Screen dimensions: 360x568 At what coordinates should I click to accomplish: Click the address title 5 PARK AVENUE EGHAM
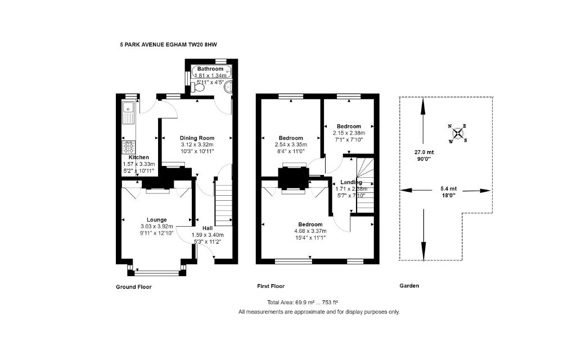(x=168, y=44)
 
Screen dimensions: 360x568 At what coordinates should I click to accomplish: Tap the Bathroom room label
(x=210, y=69)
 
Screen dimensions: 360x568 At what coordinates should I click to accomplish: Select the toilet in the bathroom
(x=198, y=87)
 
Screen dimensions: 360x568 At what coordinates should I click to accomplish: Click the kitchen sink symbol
(x=129, y=112)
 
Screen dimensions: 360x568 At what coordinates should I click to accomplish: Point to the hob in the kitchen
(x=129, y=147)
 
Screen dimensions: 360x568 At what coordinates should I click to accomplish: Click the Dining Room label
(x=197, y=138)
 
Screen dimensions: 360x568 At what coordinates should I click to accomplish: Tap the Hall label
(x=207, y=228)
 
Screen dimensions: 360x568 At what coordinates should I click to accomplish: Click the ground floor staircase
(x=224, y=202)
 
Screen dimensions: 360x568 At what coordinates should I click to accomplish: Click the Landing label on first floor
(x=351, y=182)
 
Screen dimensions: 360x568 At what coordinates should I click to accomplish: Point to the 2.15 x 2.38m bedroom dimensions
(x=349, y=133)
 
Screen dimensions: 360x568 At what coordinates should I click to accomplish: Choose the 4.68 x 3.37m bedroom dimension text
(x=310, y=231)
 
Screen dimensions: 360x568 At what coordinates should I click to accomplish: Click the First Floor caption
(x=271, y=286)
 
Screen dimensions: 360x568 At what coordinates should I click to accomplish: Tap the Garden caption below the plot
(x=409, y=286)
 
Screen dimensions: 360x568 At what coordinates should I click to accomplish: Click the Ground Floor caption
(x=133, y=286)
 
